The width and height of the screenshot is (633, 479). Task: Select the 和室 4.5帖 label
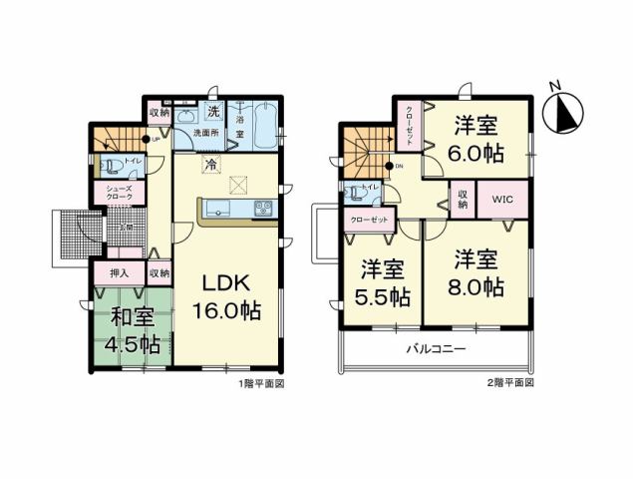[132, 331]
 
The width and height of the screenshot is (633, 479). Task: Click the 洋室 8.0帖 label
[478, 274]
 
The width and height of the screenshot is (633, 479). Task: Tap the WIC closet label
[502, 200]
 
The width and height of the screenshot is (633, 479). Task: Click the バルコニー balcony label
[435, 350]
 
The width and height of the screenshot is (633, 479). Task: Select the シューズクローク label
[111, 193]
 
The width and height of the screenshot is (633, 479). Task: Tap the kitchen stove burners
[264, 209]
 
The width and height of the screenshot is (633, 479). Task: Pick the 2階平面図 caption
[511, 383]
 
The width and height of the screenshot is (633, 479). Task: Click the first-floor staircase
[116, 140]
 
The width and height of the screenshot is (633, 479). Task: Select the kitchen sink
[220, 210]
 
